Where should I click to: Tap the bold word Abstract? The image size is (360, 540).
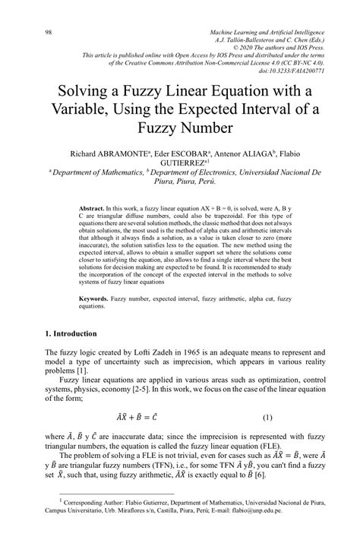[x=94, y=207]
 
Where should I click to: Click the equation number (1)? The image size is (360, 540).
[x=267, y=417]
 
